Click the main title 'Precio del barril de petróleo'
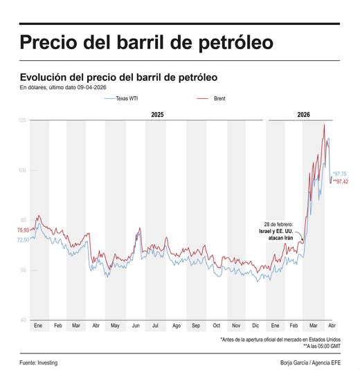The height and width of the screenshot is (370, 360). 146,43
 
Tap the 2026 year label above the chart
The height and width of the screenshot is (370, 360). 303,113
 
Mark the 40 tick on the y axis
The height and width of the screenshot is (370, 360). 23,320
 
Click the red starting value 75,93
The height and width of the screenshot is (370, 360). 23,230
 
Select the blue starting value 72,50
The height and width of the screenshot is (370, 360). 23,239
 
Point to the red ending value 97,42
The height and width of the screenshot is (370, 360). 340,181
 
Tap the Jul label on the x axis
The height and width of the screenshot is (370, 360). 156,325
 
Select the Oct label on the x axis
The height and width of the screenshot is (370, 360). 216,325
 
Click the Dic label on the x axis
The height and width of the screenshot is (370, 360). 255,325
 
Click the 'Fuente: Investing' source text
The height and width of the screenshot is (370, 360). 38,362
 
